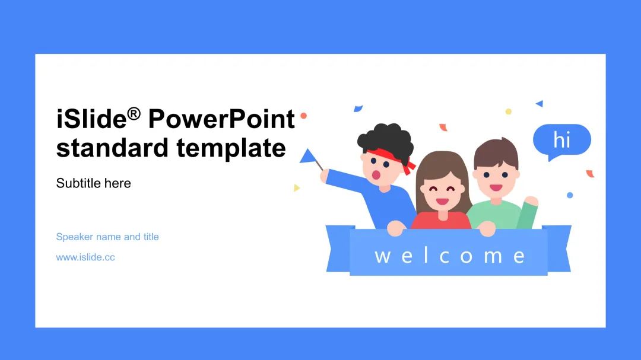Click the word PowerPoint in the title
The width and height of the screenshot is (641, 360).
[x=221, y=119]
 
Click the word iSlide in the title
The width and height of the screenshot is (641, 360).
[x=91, y=119]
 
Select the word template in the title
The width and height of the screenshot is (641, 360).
[x=231, y=148]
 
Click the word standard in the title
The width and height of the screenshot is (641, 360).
[x=112, y=147]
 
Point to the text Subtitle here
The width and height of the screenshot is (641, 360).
[x=93, y=183]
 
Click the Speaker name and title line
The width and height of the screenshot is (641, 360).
[x=107, y=237]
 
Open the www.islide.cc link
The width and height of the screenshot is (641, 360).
[x=85, y=257]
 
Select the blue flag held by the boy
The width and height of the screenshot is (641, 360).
[x=308, y=156]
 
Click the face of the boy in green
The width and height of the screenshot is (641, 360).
[x=496, y=180]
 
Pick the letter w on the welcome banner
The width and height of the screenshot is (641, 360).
[x=382, y=256]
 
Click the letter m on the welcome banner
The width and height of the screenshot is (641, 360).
[x=493, y=256]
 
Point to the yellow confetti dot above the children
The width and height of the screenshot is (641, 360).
[x=508, y=111]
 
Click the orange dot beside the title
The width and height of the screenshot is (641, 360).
[x=304, y=116]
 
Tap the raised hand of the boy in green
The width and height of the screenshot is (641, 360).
[x=531, y=200]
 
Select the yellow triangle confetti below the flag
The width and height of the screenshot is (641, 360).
[x=296, y=187]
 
